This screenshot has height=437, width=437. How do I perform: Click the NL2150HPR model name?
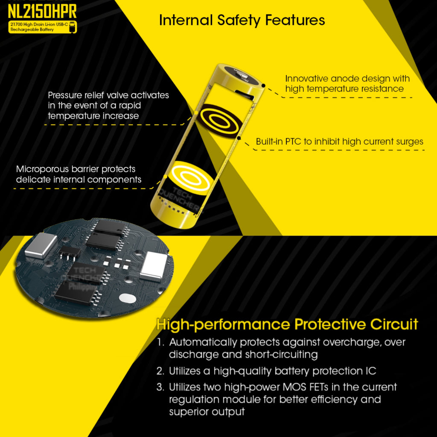click(42, 11)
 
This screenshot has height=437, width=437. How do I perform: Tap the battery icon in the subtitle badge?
click(73, 26)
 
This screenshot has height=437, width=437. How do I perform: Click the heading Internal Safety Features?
click(242, 20)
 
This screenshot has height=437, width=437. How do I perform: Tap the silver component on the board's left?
click(41, 246)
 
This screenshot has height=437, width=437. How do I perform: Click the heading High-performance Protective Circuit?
click(287, 324)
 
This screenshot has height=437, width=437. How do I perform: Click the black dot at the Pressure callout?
click(195, 112)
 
